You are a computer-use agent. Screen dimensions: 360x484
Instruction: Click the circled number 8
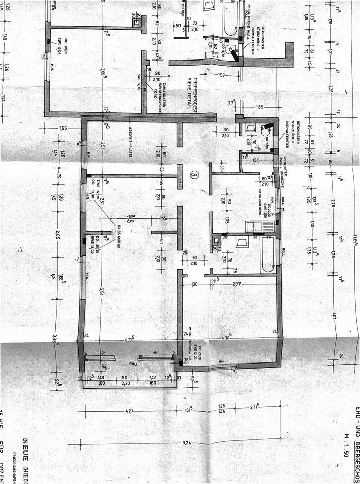[194, 175]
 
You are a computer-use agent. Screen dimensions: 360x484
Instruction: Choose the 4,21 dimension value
[129, 412]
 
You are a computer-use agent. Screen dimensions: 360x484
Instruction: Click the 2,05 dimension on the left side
[59, 234]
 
